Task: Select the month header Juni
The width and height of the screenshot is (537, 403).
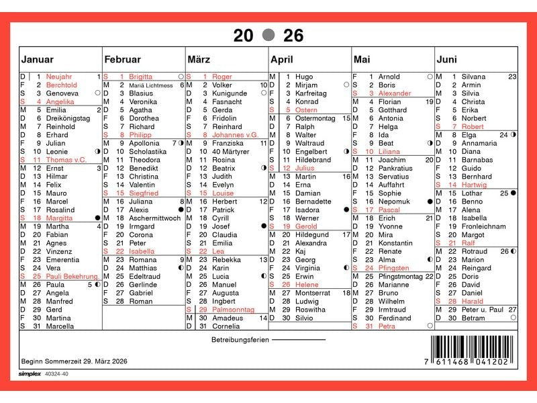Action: point(447,60)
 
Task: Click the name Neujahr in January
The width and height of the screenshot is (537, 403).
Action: point(59,77)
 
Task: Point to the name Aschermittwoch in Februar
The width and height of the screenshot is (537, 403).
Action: point(154,218)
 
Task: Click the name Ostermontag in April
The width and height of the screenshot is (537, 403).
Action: point(315,118)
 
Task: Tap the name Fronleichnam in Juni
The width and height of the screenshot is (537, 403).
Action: point(483,226)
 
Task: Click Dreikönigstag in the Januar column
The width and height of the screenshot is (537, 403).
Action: point(68,118)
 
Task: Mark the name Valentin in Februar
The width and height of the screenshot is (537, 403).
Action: point(142,185)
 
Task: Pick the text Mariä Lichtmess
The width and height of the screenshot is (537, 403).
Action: point(150,85)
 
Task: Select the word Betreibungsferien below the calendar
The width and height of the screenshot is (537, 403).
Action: point(240,340)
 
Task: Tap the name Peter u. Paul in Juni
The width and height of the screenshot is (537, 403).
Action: point(482,310)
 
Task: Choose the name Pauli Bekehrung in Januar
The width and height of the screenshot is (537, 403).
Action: point(72,277)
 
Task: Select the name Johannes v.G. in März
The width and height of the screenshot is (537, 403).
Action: point(235,135)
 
